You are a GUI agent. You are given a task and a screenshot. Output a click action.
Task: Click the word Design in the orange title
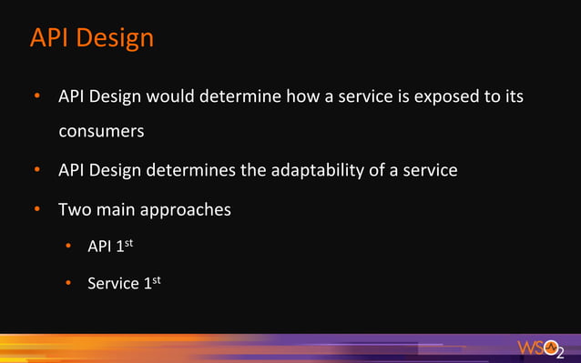coord(115,38)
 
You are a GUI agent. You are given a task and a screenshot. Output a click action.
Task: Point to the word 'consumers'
coord(101,131)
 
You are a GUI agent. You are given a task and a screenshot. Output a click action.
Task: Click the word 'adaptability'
coord(323,170)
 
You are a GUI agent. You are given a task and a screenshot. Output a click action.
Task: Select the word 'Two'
coord(75,209)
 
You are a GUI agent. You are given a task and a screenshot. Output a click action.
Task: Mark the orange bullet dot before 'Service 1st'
coord(67,284)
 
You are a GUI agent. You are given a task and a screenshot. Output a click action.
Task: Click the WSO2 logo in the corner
coord(541,348)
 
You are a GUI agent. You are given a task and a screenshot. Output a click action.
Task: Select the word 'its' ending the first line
coord(515,96)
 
